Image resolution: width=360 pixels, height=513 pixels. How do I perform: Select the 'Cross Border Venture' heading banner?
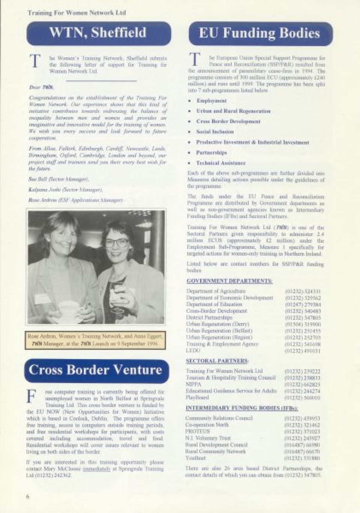[96, 370]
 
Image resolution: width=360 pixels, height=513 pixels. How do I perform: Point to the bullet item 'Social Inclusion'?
[215, 132]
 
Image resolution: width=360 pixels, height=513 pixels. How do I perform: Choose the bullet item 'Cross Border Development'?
[228, 121]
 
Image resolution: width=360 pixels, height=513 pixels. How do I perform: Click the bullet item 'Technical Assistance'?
[221, 163]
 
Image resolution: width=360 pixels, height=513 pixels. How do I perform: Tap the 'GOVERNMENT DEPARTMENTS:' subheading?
[229, 281]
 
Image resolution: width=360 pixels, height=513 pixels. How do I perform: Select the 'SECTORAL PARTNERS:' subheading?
[217, 361]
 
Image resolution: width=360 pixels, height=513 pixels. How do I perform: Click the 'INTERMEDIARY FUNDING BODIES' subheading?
[242, 408]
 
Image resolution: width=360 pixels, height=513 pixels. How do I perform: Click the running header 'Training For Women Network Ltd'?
[76, 13]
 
